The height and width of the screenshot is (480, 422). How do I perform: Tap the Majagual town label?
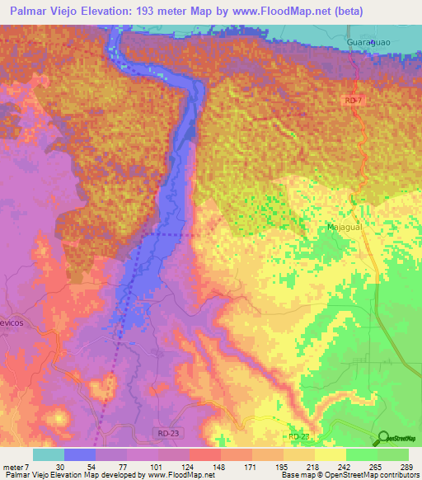click(342, 224)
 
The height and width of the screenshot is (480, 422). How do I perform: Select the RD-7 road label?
click(354, 98)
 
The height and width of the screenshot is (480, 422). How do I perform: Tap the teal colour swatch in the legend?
click(48, 454)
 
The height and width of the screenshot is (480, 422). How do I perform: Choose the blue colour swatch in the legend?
click(80, 454)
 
